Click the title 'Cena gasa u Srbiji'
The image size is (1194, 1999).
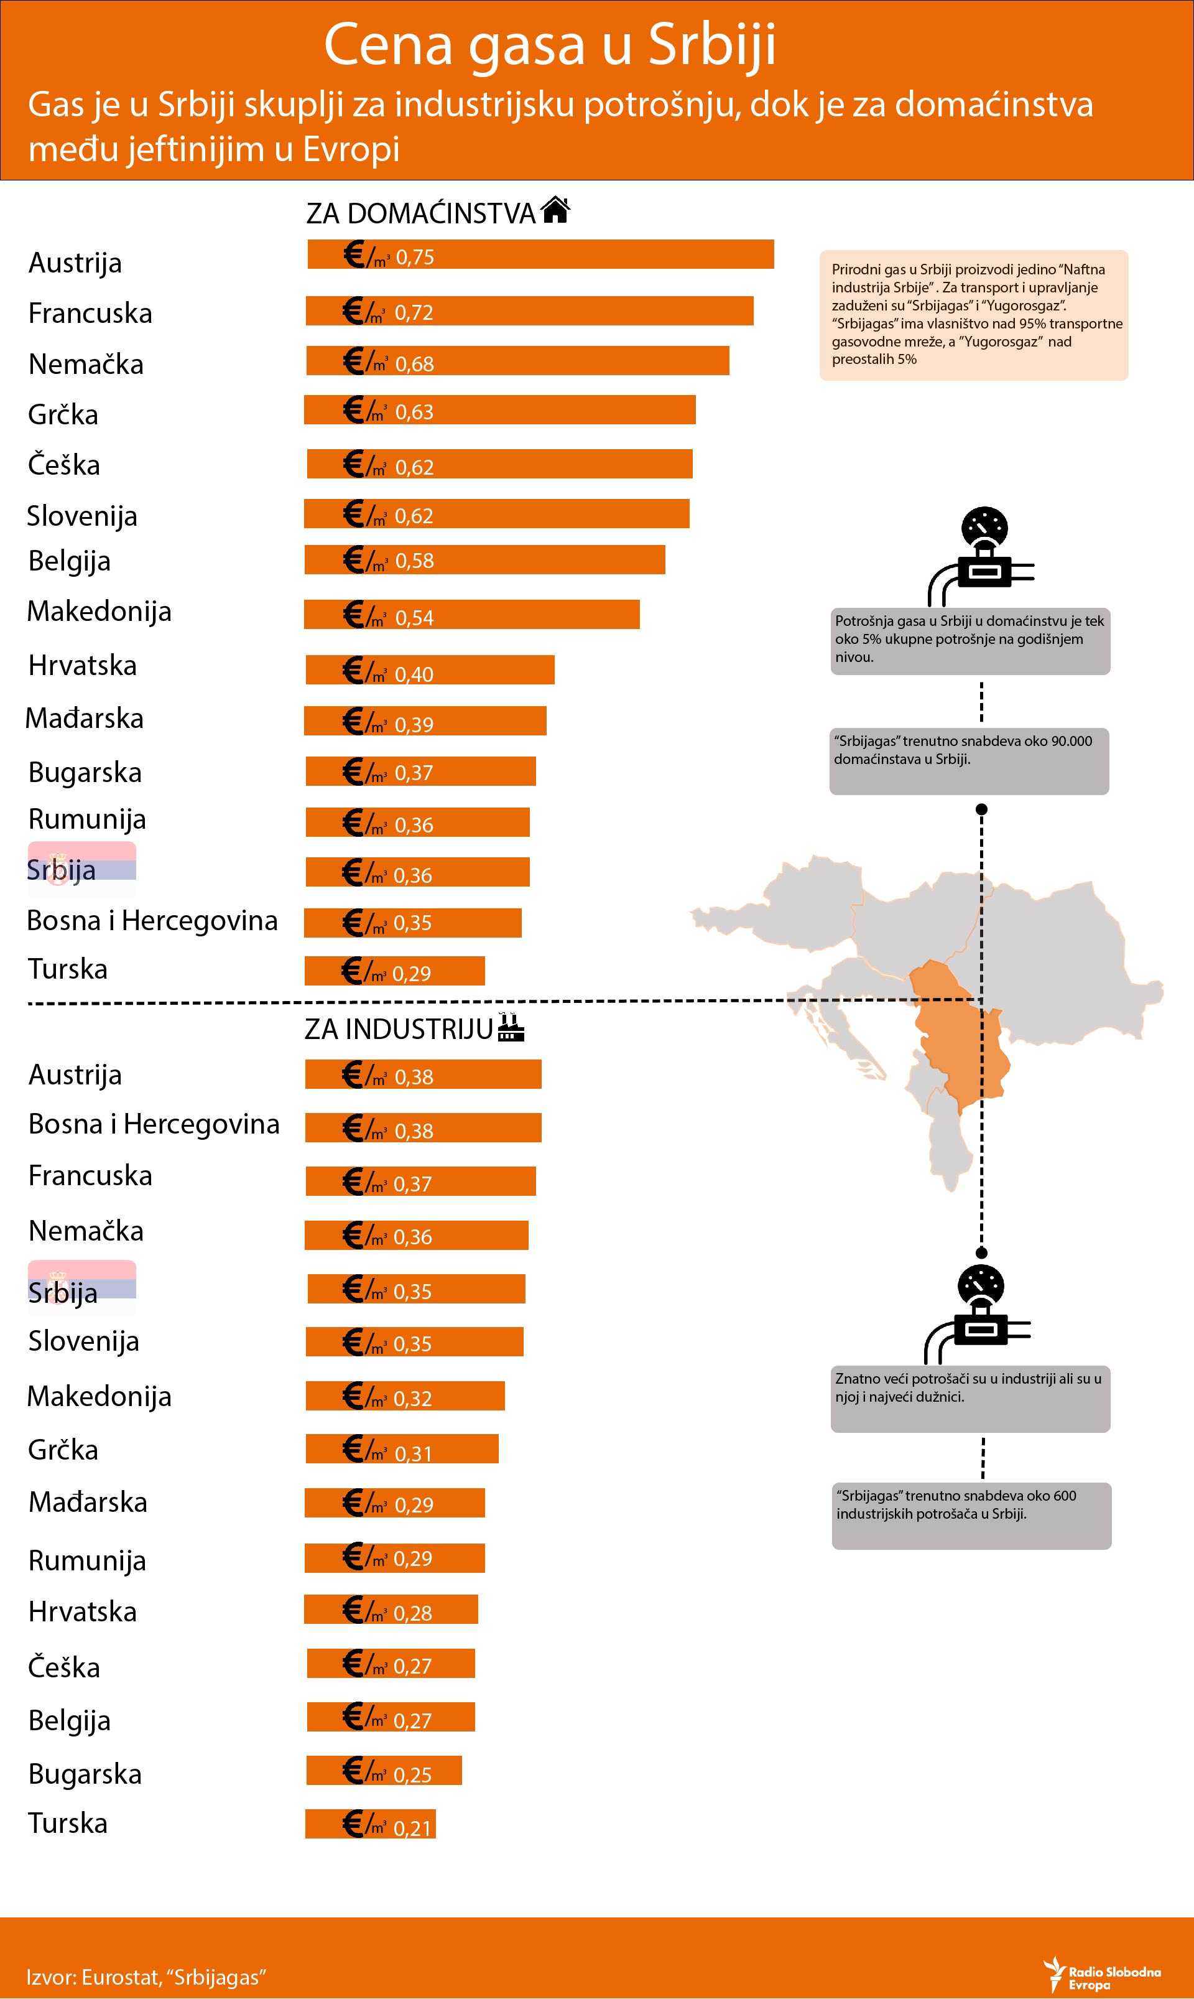tap(550, 44)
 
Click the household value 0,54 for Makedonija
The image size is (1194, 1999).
tap(414, 617)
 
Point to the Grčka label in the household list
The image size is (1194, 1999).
tap(63, 414)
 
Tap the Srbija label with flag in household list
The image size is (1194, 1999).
tap(63, 869)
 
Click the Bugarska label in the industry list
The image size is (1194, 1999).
tap(85, 1774)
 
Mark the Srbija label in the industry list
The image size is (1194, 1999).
tap(63, 1292)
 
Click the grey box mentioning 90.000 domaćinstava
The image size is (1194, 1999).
tap(970, 760)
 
